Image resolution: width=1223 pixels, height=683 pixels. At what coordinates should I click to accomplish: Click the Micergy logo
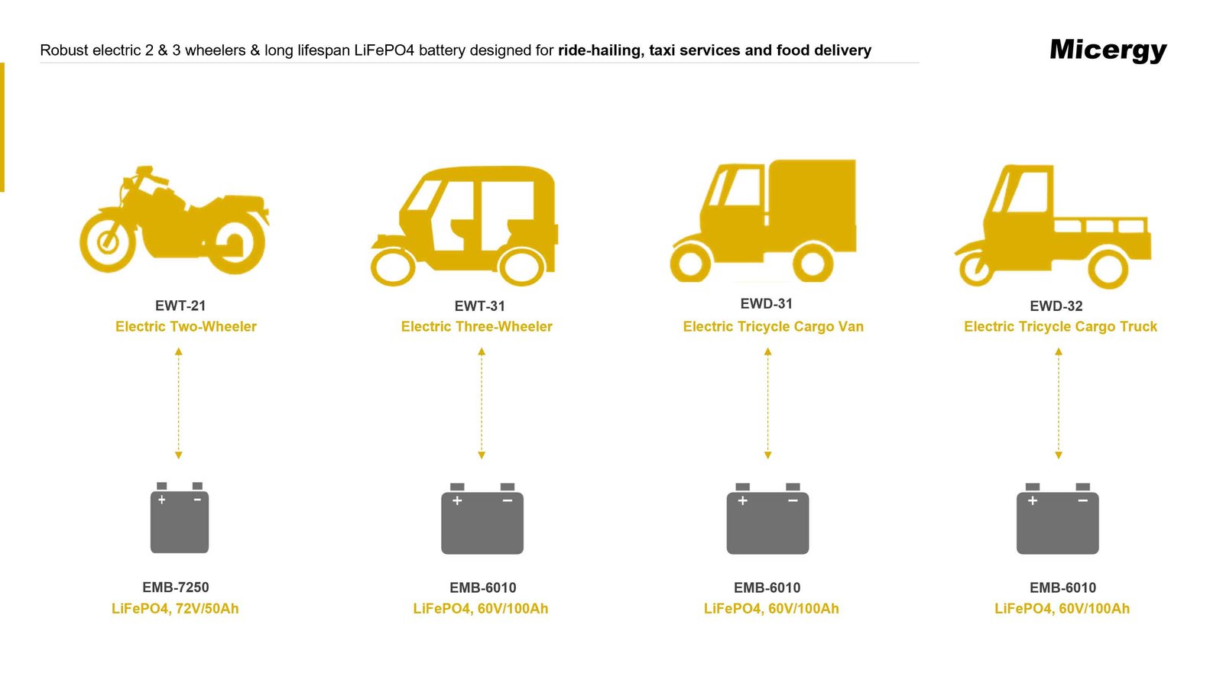click(1108, 50)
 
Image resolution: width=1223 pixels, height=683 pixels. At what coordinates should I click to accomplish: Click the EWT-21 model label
click(180, 306)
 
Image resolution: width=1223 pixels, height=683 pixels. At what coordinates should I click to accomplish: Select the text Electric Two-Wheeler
click(186, 326)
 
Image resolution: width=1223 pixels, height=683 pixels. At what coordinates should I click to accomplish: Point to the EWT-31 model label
click(479, 306)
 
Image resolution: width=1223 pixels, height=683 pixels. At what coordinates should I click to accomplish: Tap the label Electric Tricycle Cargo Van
click(773, 326)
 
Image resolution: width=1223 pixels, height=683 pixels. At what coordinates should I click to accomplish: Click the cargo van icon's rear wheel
click(812, 264)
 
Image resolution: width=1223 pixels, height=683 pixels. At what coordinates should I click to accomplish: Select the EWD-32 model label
click(1056, 306)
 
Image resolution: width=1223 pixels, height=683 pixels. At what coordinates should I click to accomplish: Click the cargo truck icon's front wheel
click(975, 267)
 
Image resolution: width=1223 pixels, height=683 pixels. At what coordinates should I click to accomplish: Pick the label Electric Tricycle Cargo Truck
click(1060, 326)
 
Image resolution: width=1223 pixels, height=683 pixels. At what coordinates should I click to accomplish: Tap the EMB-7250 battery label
click(175, 588)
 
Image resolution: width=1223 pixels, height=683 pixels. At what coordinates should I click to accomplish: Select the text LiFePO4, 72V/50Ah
click(175, 609)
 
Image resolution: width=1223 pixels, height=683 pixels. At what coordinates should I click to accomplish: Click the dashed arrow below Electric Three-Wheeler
click(482, 403)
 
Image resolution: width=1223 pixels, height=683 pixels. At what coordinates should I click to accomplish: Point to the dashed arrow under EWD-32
click(1059, 403)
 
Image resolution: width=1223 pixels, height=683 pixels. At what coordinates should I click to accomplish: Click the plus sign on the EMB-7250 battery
click(162, 500)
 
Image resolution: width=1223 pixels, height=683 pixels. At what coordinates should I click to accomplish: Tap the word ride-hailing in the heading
click(599, 50)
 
